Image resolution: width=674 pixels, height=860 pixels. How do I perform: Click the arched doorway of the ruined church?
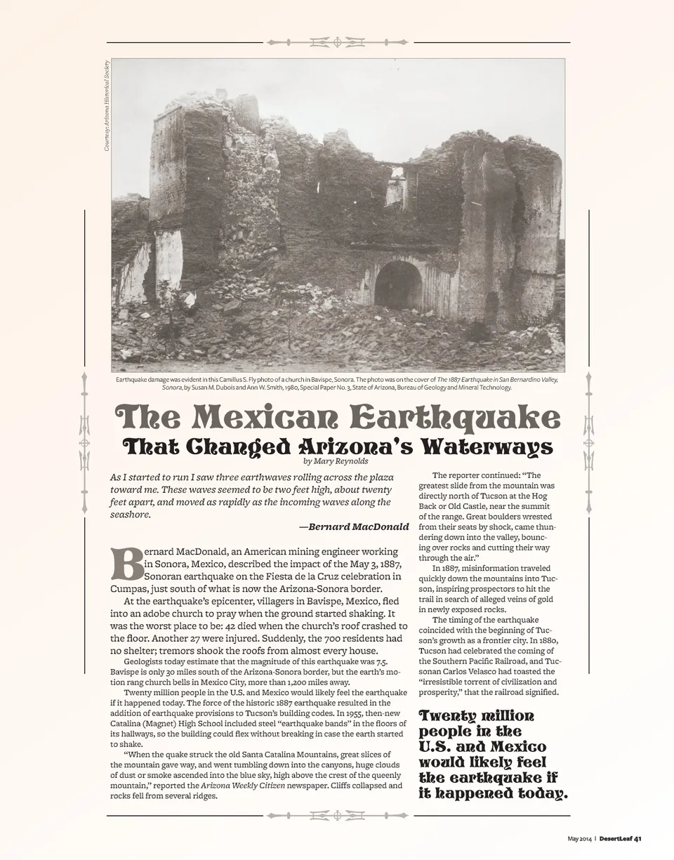398,286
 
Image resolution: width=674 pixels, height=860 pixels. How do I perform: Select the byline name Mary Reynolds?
345,461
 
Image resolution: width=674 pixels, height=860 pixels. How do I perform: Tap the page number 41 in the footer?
637,838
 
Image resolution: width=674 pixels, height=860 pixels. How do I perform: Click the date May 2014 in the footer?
580,838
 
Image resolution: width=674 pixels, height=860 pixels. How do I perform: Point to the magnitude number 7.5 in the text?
382,661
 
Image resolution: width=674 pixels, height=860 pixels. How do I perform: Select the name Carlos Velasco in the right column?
480,671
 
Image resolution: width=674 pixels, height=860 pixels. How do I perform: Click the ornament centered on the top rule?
337,42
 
